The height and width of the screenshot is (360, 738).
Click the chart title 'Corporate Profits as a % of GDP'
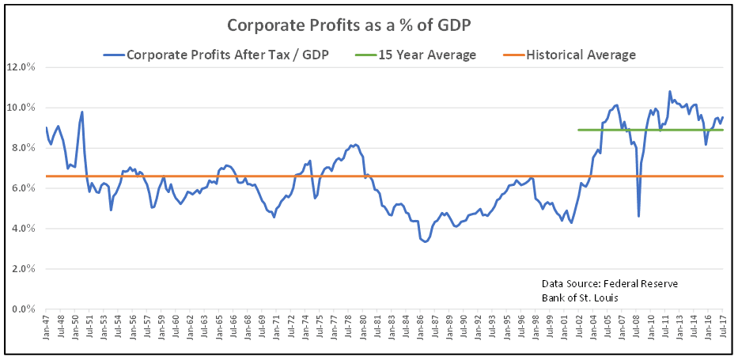[x=369, y=25]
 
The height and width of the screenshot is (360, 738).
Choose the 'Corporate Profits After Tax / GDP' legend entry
[x=216, y=55]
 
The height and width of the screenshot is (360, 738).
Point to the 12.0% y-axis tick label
[x=21, y=67]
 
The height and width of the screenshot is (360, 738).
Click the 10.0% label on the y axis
[x=21, y=108]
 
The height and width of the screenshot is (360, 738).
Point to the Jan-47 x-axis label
[x=47, y=327]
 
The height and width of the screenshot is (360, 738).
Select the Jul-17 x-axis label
[x=723, y=327]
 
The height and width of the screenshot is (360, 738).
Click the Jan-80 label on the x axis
[x=364, y=327]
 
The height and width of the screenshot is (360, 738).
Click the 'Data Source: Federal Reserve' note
[x=609, y=283]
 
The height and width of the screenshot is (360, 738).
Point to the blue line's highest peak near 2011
[x=670, y=92]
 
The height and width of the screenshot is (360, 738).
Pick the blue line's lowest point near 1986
[x=425, y=241]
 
